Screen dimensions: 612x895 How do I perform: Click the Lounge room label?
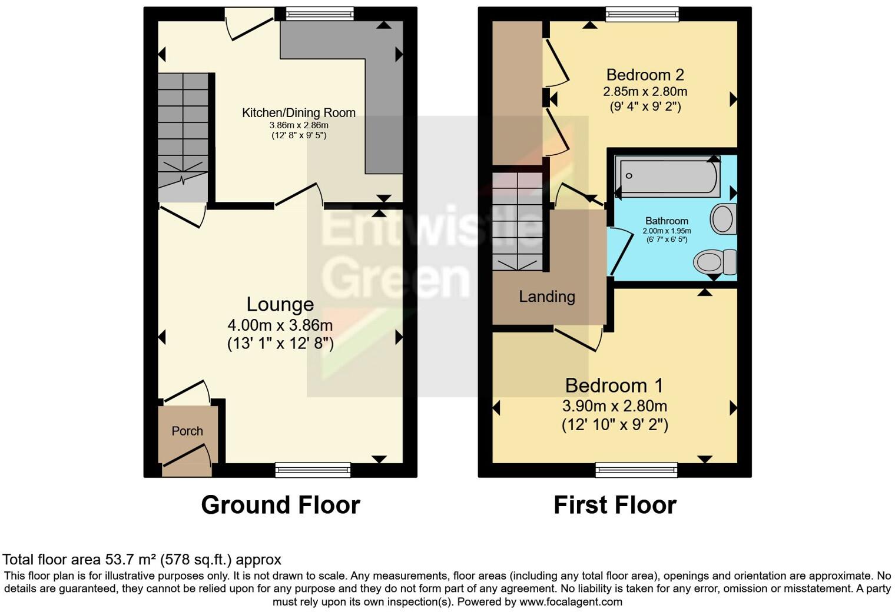point(280,304)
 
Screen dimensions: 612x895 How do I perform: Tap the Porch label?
point(187,431)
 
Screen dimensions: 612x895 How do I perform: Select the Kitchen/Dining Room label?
point(299,112)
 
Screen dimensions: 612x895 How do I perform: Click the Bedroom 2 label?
point(645,75)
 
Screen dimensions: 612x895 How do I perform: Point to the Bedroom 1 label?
point(614,385)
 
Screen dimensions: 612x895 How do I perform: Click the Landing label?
point(546,297)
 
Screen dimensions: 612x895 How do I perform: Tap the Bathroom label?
point(667,221)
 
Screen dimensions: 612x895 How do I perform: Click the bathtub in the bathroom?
point(667,176)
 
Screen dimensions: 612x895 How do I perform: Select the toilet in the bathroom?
point(715,262)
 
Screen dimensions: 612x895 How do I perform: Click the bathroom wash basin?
point(724,219)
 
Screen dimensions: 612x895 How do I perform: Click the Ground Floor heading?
point(280,505)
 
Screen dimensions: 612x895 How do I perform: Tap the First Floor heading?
point(615,505)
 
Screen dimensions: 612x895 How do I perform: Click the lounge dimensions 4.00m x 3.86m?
point(280,325)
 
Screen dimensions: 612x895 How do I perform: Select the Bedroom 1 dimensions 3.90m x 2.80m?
point(614,405)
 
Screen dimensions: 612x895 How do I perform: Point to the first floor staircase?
point(518,221)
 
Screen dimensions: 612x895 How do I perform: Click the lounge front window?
point(313,470)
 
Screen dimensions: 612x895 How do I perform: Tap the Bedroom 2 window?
point(642,14)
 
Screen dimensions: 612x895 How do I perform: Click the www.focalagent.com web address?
point(571,601)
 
